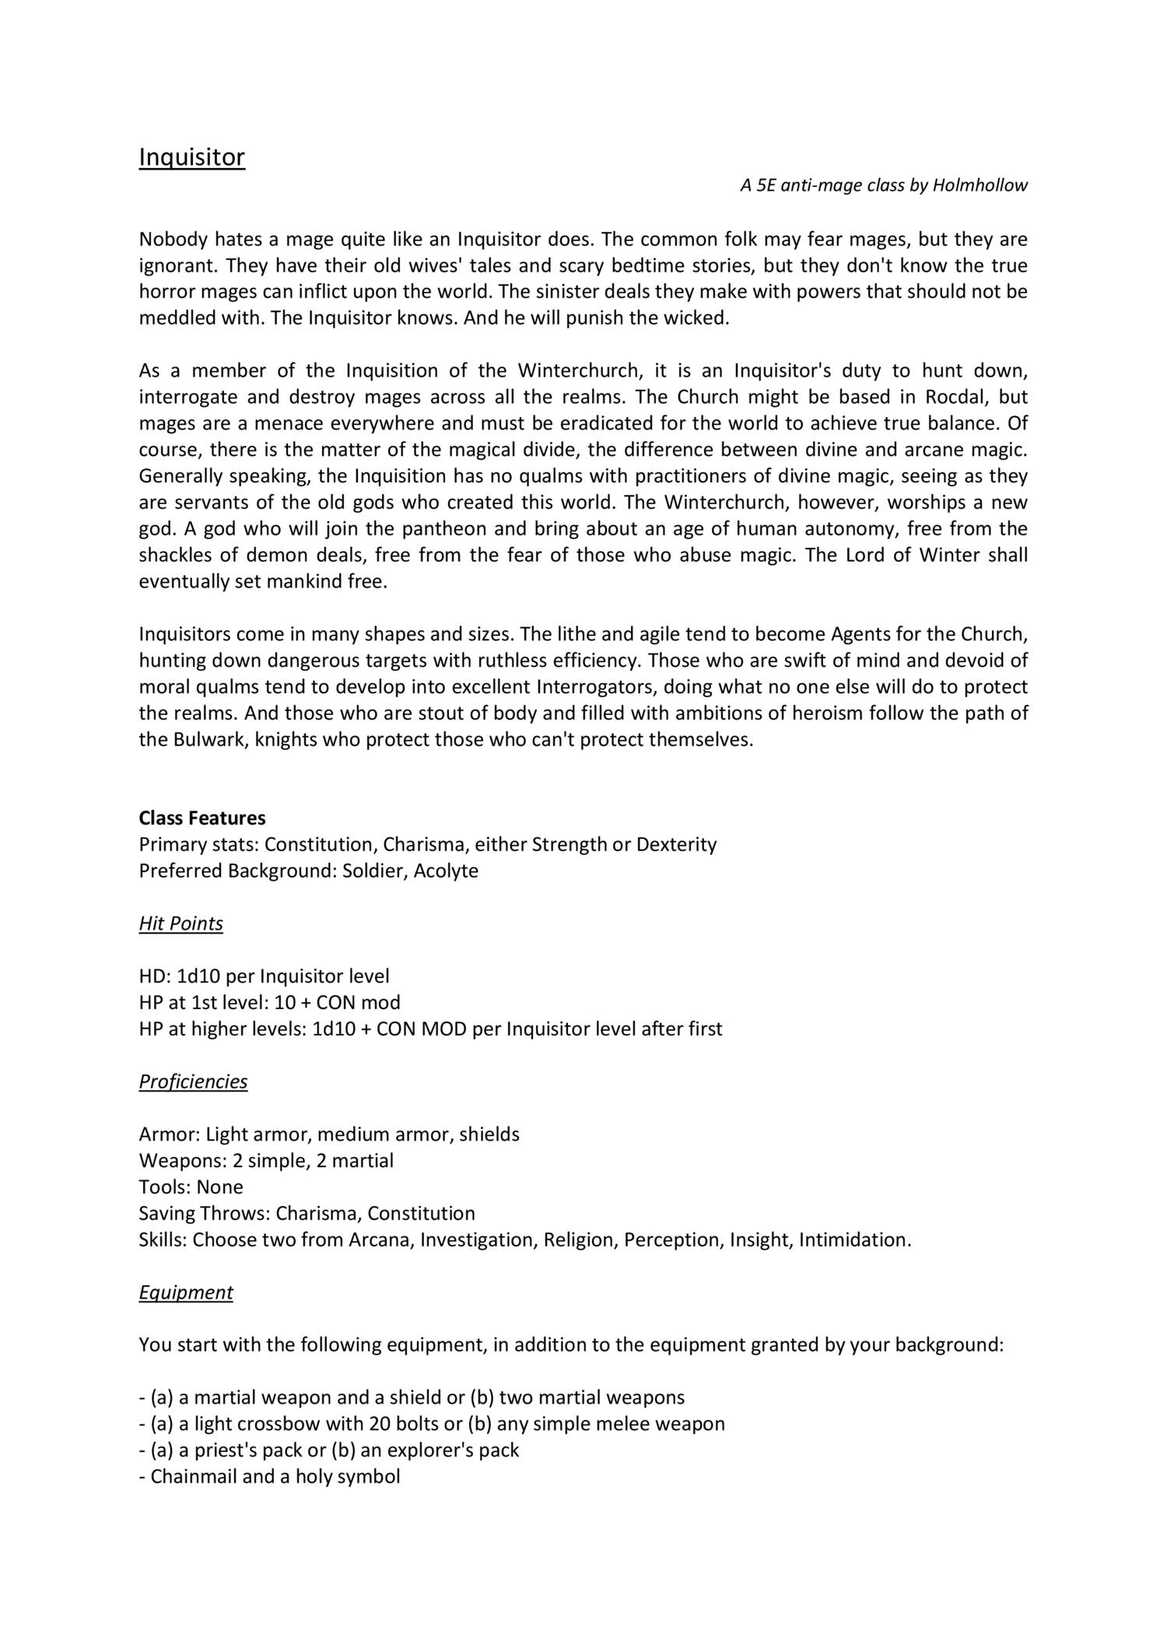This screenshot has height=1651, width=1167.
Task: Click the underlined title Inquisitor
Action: (191, 158)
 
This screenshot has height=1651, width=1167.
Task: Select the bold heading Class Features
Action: (202, 818)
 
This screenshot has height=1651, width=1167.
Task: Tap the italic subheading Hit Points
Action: (180, 924)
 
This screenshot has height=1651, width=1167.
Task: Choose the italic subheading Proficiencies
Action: (193, 1081)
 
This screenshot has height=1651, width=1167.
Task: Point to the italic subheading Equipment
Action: (186, 1292)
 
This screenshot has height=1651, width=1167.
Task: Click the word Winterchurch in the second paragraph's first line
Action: (577, 370)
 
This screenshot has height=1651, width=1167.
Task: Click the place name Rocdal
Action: (955, 397)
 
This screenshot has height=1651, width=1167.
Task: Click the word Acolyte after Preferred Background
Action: (446, 871)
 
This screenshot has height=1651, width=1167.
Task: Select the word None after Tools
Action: (220, 1187)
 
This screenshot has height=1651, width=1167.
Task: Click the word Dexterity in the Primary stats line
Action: (676, 845)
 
